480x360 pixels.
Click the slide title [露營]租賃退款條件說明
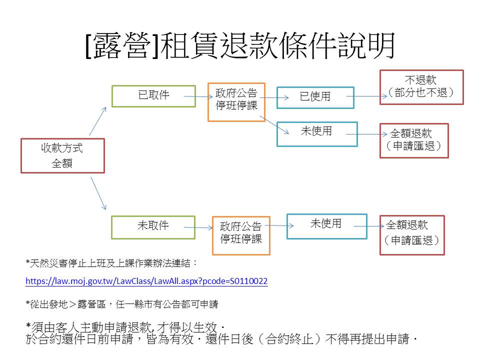240,46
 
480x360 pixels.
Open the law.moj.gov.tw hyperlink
146,281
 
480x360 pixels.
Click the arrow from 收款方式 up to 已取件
97,121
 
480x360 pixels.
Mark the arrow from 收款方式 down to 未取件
98,193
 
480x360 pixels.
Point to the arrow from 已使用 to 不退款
366,96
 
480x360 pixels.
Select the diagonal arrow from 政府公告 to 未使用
274,125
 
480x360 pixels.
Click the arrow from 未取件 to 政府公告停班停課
198,227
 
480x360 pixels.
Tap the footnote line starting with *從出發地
122,304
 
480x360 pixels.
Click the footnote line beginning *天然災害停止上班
111,263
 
